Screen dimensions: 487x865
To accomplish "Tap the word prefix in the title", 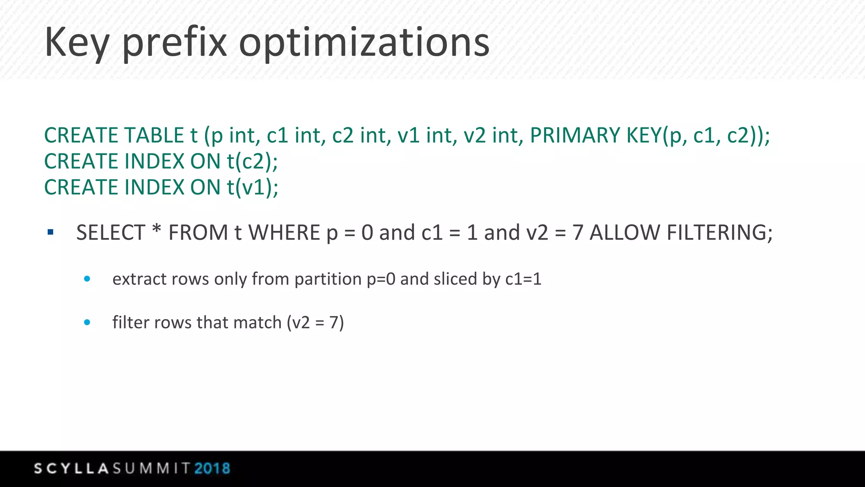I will [x=174, y=42].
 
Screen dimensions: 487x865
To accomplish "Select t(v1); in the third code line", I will [x=253, y=187].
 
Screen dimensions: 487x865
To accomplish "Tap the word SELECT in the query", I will [x=111, y=233].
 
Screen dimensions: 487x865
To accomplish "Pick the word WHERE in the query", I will [x=284, y=233].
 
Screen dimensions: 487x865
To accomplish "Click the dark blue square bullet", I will [x=51, y=232].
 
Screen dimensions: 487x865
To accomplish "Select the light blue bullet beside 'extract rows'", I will [x=87, y=279].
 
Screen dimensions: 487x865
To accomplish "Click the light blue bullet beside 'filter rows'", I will [x=87, y=322].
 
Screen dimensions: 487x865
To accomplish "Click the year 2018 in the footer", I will [x=212, y=468].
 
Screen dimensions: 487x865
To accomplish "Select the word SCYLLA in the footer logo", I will [x=72, y=468].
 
